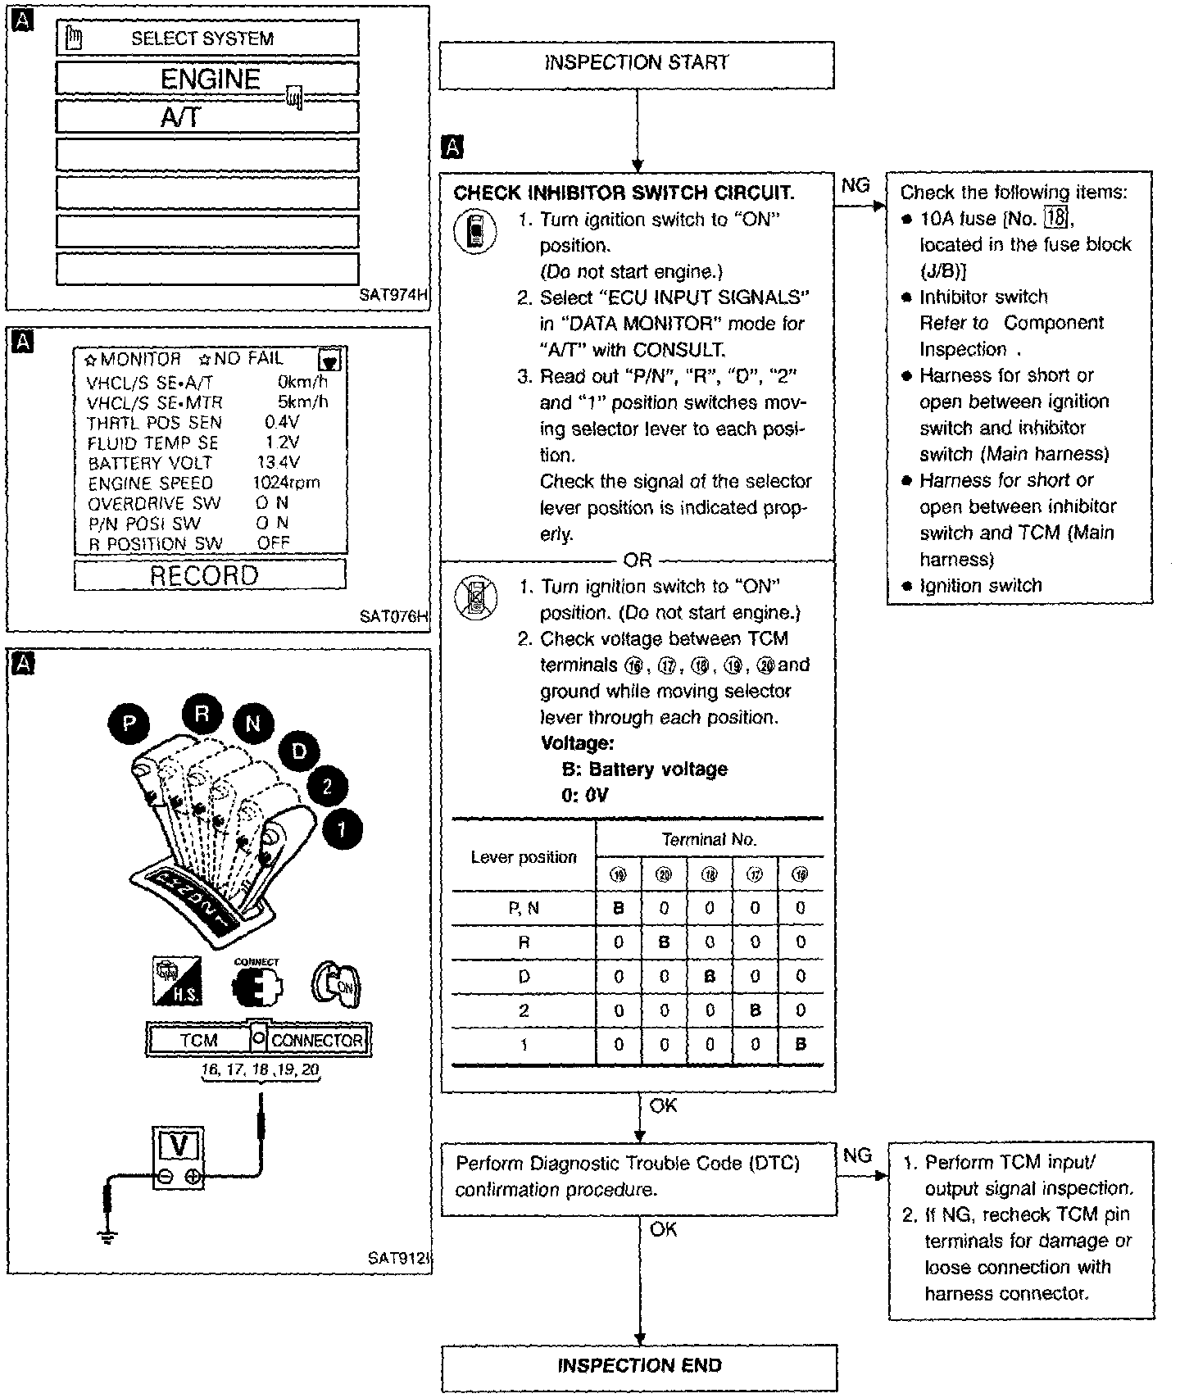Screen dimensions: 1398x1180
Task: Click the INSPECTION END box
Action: (x=639, y=1366)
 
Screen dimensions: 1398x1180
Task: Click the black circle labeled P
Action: (x=129, y=723)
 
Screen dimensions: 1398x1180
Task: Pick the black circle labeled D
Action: (x=300, y=751)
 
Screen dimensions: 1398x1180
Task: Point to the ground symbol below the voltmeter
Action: (x=107, y=1237)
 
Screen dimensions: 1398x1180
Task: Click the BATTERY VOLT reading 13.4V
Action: (x=279, y=463)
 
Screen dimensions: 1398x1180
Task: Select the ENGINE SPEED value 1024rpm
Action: (x=286, y=483)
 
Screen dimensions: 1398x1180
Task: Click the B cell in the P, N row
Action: (x=619, y=908)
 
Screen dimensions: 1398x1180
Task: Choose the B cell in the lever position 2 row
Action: (x=755, y=1010)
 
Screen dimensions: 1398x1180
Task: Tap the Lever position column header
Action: (x=524, y=857)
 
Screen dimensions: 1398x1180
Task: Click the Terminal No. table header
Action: (x=709, y=839)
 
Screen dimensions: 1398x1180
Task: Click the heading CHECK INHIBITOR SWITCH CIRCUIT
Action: (x=624, y=193)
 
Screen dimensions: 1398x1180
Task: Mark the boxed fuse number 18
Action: (x=1053, y=219)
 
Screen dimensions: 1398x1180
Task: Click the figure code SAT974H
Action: (x=393, y=295)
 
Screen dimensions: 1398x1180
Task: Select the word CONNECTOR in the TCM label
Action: (x=316, y=1040)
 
